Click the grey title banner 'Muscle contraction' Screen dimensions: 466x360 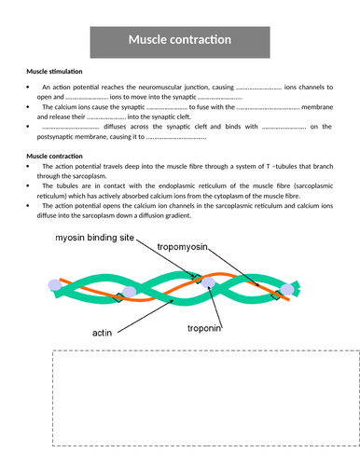pos(179,41)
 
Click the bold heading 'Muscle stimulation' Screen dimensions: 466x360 pos(54,71)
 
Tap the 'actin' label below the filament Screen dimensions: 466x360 pos(103,331)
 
